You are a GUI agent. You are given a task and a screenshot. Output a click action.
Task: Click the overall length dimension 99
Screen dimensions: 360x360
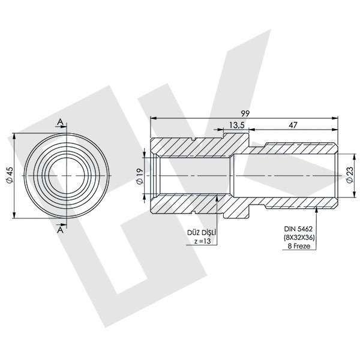click(245, 112)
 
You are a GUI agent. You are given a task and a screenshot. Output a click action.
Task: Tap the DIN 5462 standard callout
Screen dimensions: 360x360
click(300, 229)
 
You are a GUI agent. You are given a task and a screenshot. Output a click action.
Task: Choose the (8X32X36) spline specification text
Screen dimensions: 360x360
click(300, 237)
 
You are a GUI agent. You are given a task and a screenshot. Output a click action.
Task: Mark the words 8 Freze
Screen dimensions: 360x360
click(300, 246)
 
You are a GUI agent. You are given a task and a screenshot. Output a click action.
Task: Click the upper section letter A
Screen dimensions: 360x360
click(60, 122)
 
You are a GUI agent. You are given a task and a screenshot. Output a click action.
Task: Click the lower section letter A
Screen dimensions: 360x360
click(60, 228)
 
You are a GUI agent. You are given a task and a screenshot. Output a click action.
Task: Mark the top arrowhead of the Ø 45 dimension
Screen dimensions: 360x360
click(14, 135)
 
